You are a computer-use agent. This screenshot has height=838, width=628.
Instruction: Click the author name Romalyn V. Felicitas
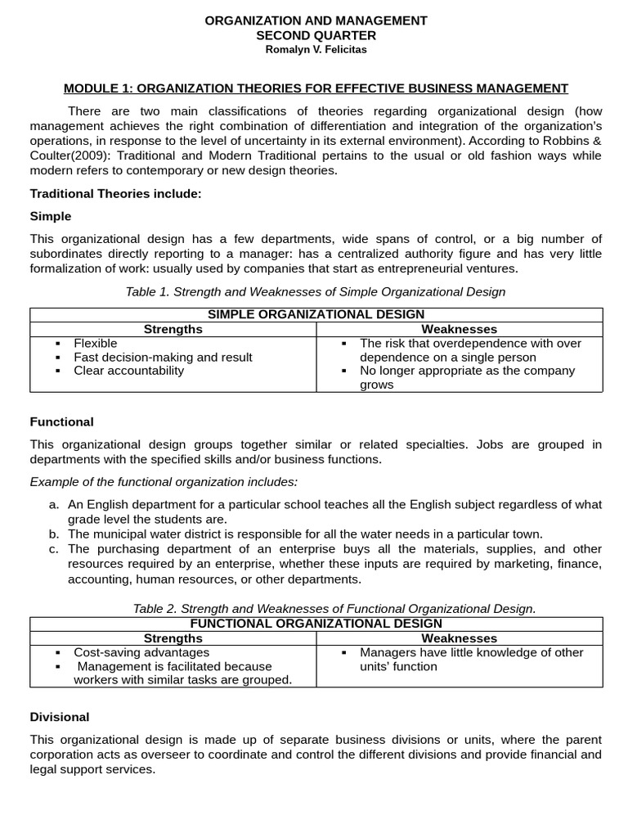pos(316,49)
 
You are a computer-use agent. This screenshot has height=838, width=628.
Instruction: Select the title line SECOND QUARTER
pos(316,35)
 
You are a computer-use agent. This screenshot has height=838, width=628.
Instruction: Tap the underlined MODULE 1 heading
pos(316,88)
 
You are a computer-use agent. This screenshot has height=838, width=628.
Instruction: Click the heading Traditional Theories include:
pos(115,193)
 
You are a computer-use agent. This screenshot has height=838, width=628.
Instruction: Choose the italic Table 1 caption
pos(316,291)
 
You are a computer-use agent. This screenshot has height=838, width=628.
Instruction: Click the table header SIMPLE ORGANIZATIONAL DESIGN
pos(316,314)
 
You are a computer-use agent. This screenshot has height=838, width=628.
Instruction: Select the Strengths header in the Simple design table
pos(173,329)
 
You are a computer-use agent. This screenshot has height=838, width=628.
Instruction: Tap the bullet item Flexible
pos(95,343)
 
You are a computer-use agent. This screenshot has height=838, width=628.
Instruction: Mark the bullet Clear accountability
pos(128,370)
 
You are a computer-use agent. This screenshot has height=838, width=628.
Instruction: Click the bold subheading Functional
pos(61,421)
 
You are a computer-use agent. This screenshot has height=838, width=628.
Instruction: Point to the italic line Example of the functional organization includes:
pos(164,481)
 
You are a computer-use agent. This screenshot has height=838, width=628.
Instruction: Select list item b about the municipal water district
pos(304,534)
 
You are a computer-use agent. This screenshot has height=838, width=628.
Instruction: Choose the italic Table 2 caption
pos(334,608)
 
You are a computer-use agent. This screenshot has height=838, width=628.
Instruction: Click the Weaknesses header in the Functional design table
pos(459,638)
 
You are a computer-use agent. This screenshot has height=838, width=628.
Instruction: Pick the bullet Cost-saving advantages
pos(141,652)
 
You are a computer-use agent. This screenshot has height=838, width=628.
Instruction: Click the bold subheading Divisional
pos(60,717)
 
